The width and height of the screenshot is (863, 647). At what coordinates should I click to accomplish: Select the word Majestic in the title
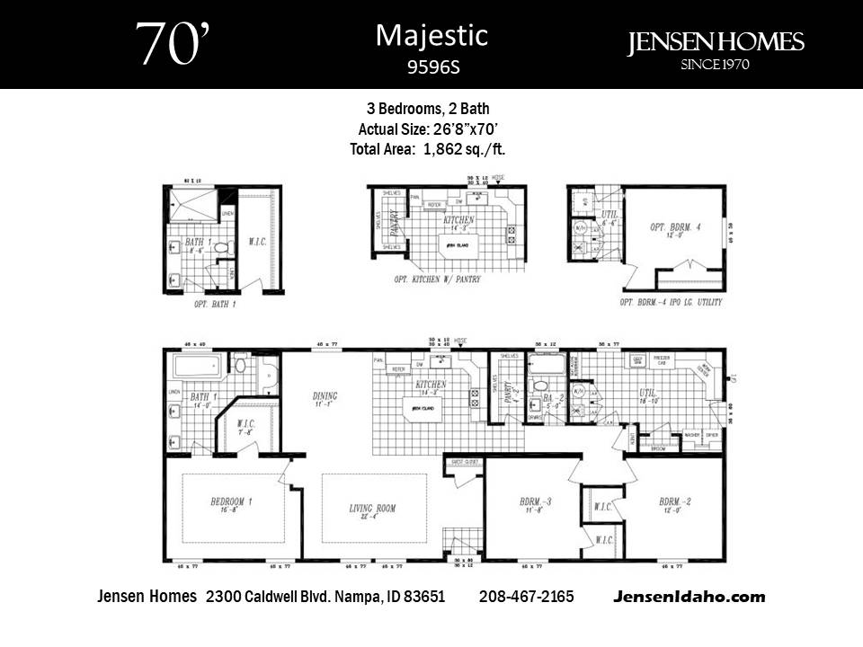431,35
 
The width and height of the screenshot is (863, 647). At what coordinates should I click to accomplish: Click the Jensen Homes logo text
716,42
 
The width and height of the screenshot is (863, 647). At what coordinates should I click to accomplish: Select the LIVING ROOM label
372,509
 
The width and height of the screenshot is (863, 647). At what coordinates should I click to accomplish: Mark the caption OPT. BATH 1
215,305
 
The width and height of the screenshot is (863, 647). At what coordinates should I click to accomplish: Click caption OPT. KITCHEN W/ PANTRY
436,279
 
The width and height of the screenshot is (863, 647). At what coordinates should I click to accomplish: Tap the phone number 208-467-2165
527,597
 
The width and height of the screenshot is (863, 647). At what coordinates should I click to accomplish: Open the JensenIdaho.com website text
690,597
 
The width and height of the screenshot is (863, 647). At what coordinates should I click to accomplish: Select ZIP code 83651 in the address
424,597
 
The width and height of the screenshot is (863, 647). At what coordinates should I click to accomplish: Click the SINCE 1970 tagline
716,64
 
